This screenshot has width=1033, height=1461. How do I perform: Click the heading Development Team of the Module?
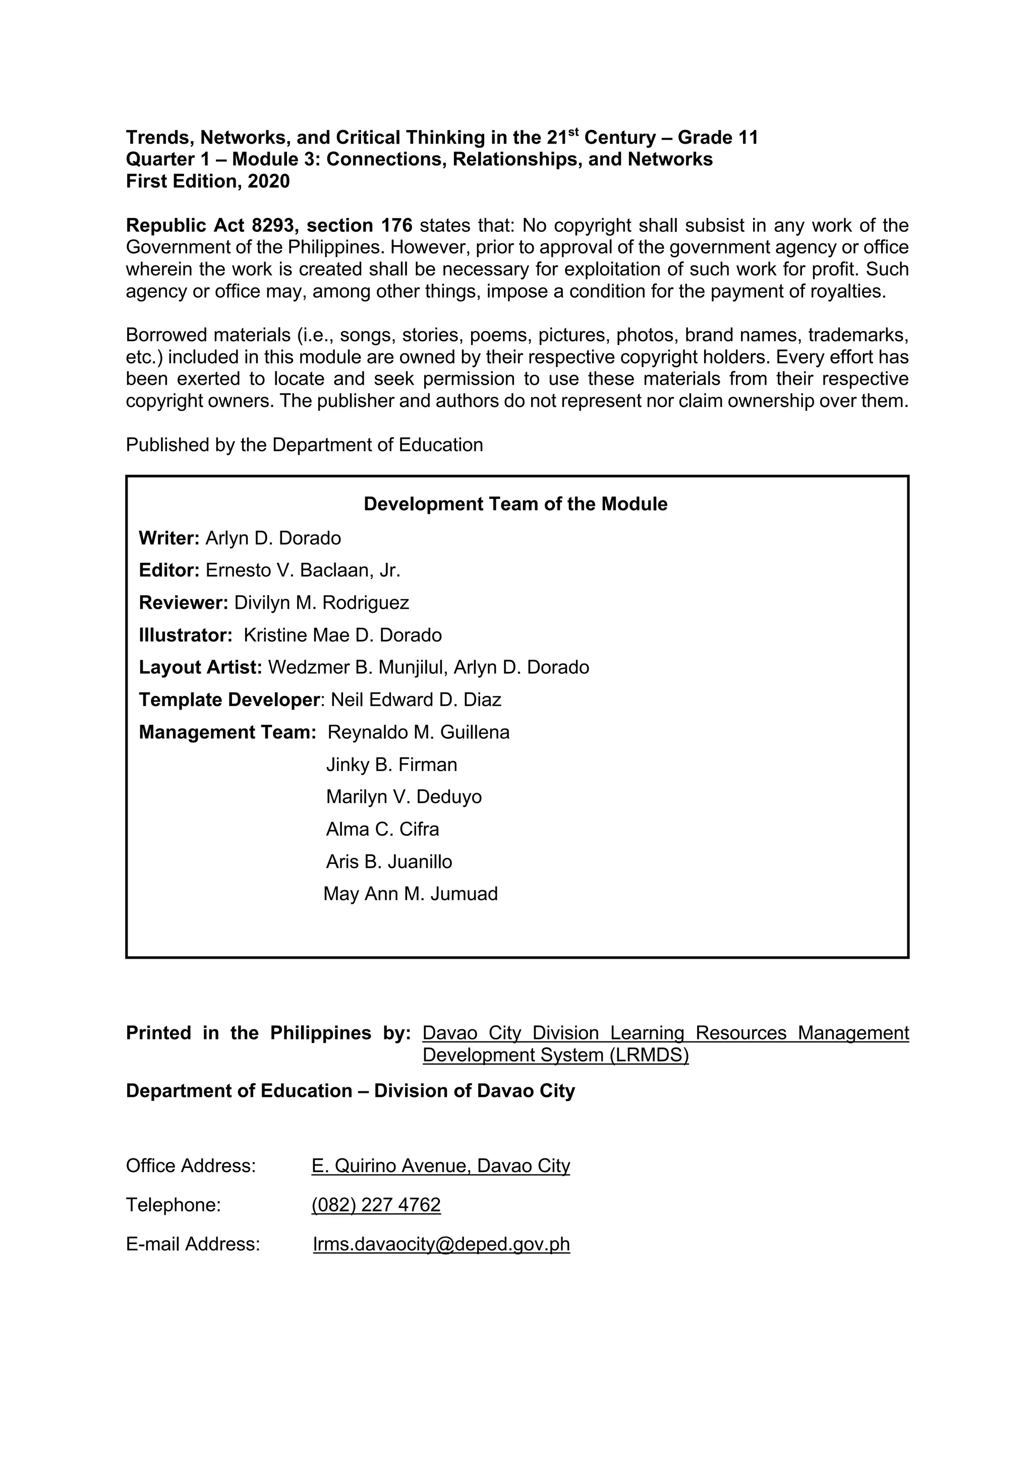(515, 504)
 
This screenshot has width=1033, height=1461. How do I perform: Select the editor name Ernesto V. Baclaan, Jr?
(303, 570)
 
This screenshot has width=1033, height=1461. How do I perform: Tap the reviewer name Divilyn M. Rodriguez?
(321, 603)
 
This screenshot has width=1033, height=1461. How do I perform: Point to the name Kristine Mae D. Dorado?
(342, 635)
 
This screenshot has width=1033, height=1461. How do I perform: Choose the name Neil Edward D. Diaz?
(416, 700)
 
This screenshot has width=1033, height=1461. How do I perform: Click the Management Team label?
(227, 732)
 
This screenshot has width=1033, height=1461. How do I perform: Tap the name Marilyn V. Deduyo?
(404, 797)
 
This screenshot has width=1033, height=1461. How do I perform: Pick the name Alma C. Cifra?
(382, 829)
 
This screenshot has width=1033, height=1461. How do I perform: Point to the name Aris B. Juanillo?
(389, 861)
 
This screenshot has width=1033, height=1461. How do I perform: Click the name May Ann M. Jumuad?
(410, 894)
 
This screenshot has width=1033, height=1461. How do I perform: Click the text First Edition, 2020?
(207, 182)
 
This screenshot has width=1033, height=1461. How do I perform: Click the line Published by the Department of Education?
(304, 445)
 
